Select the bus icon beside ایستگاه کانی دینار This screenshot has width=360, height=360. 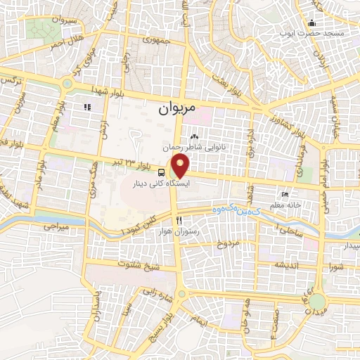(x=162, y=172)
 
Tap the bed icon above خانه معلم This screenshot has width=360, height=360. (x=284, y=174)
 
